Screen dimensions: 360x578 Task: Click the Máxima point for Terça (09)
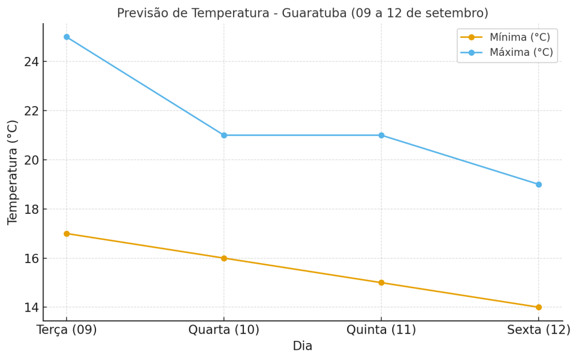point(67,37)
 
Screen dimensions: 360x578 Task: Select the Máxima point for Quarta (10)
point(224,135)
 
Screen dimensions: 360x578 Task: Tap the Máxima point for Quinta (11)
point(381,135)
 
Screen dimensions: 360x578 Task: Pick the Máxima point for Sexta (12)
point(538,185)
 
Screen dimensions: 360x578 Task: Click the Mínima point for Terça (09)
point(67,234)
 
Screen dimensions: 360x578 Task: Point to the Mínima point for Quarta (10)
point(224,258)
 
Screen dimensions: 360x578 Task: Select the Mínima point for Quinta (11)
point(381,283)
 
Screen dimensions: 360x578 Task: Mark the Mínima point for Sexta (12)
point(538,308)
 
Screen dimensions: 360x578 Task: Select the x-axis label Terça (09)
point(67,330)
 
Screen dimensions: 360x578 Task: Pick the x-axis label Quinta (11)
point(381,330)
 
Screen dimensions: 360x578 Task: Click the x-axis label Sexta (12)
point(538,330)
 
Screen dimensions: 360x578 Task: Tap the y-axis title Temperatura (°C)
point(13,172)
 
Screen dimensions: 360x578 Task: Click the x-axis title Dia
point(303,346)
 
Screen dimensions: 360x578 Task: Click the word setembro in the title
point(458,13)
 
